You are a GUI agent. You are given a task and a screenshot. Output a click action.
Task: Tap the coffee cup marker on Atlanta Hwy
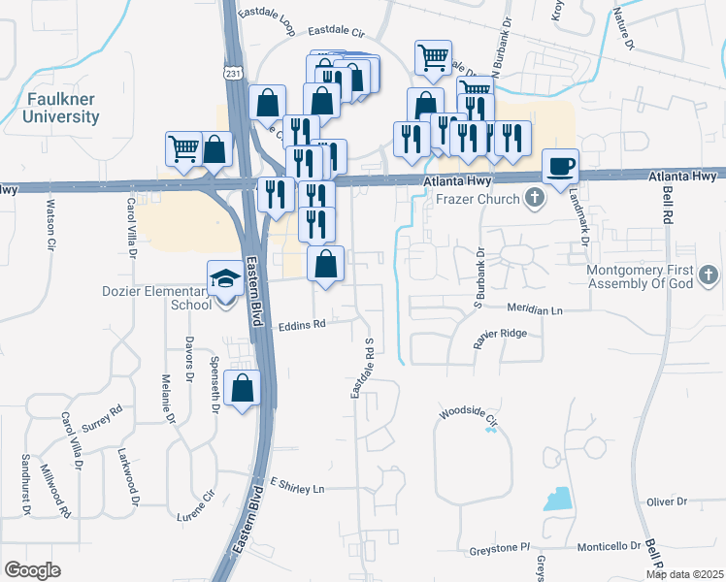coord(560,165)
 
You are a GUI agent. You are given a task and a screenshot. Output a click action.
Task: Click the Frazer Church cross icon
coord(533,199)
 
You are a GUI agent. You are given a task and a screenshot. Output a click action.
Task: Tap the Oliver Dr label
coord(667,501)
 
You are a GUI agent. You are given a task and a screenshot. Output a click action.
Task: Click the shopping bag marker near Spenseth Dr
coord(242,388)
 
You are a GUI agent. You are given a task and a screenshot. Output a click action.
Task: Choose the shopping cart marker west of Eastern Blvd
coord(182,148)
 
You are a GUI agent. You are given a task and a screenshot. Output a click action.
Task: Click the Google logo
coord(32,570)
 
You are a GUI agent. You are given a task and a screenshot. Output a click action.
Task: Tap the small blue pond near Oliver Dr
coord(557,500)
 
